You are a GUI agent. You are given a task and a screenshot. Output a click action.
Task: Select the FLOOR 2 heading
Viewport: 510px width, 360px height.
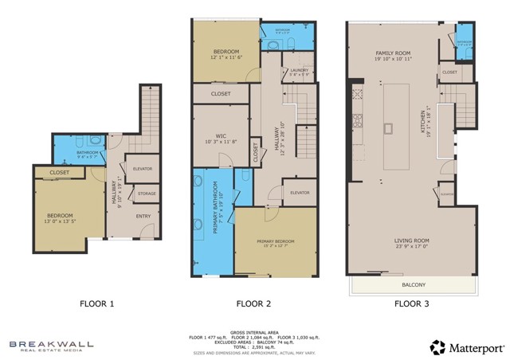click(254, 303)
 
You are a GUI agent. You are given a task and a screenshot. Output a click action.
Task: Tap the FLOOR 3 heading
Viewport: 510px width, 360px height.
click(412, 303)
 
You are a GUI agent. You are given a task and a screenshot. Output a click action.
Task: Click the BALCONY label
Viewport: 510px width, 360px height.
click(413, 284)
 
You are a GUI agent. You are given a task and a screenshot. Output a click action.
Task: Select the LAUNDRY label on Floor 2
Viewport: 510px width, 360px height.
click(299, 71)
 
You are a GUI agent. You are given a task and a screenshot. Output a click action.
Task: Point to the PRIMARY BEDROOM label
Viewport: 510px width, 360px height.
click(275, 241)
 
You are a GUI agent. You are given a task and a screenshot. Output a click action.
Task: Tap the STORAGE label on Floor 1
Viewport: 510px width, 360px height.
click(147, 194)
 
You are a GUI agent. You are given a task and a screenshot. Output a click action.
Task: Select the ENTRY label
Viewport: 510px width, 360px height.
click(143, 216)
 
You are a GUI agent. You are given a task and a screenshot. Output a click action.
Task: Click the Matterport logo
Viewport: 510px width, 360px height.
click(466, 347)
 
